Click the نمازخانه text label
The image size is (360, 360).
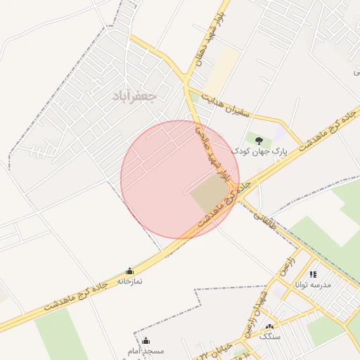pos(129,281)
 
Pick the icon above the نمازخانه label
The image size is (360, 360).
pos(129,271)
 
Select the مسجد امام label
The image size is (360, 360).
pos(146,350)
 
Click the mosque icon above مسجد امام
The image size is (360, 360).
pos(146,341)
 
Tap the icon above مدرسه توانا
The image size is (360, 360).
pos(313,274)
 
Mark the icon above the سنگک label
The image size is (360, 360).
pos(269,327)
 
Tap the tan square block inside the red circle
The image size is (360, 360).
pos(210,195)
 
